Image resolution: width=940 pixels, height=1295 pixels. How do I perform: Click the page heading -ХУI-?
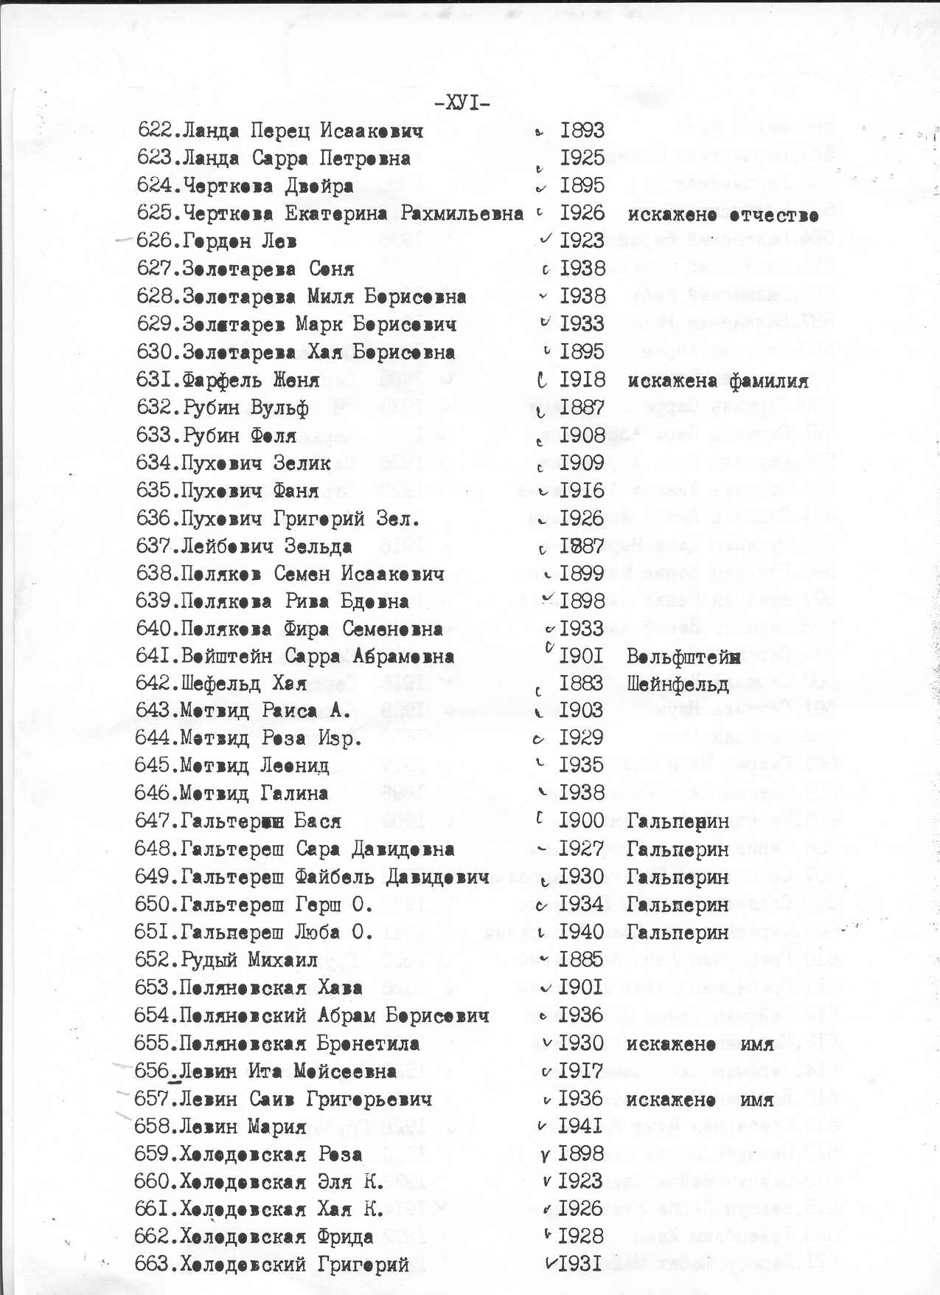(x=462, y=103)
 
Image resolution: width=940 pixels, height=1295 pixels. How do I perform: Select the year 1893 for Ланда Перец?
(x=582, y=131)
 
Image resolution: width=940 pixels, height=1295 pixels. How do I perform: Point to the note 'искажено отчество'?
(x=723, y=215)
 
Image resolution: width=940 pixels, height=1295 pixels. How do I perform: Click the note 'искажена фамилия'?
(x=718, y=381)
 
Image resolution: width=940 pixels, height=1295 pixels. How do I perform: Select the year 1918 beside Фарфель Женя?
(x=582, y=380)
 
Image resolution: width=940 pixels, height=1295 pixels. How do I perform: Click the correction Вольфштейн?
(x=683, y=657)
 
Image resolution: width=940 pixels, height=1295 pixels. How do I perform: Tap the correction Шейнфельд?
(x=678, y=684)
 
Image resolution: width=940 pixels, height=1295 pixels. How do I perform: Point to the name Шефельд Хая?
(x=244, y=684)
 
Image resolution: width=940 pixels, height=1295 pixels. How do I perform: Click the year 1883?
(x=581, y=683)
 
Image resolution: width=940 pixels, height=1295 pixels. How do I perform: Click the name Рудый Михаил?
(x=249, y=960)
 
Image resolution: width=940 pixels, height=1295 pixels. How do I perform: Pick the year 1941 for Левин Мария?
(x=581, y=1126)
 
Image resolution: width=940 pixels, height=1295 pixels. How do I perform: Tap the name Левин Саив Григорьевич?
(x=306, y=1099)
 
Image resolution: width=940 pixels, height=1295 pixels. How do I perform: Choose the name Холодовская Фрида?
(x=276, y=1237)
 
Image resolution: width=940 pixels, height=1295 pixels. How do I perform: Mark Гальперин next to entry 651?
(x=678, y=933)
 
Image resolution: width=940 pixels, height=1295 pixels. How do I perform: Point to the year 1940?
(x=581, y=932)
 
